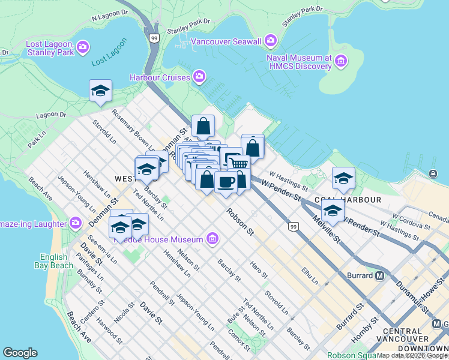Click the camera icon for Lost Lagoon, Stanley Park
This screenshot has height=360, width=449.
click(x=83, y=46)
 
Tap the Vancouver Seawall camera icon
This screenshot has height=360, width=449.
click(x=271, y=41)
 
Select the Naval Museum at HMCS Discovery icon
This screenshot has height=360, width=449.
click(x=342, y=61)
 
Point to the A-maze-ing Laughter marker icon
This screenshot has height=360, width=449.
click(x=76, y=223)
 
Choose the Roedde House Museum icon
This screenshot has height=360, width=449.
click(x=212, y=239)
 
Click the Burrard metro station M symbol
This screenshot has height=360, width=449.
click(x=379, y=277)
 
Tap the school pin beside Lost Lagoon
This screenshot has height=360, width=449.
click(x=100, y=91)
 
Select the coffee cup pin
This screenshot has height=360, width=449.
click(x=226, y=182)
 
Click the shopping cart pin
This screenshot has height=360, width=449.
click(x=239, y=163)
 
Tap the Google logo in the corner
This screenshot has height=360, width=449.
click(x=20, y=353)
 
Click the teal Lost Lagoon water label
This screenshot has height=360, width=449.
click(x=110, y=53)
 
